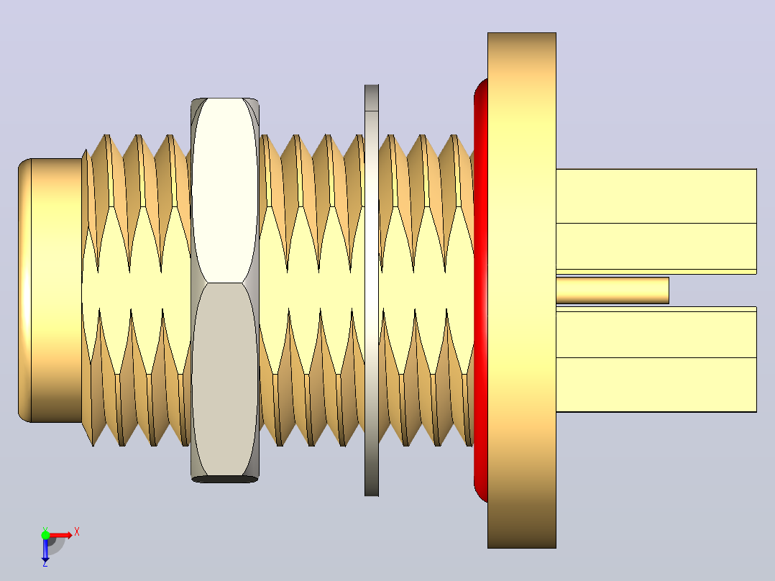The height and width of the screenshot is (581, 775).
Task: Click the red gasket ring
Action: tap(480, 290)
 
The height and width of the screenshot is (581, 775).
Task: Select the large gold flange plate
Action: tap(522, 290)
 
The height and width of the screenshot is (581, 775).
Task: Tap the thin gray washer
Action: tap(372, 290)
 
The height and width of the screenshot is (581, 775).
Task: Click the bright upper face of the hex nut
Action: tap(225, 191)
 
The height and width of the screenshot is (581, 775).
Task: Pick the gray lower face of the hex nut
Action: tap(225, 380)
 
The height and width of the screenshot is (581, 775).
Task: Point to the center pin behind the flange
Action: tap(613, 290)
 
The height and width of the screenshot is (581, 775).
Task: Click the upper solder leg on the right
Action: tap(656, 221)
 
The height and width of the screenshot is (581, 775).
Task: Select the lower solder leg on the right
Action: tap(656, 360)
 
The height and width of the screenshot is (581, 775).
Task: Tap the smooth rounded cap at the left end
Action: tap(50, 290)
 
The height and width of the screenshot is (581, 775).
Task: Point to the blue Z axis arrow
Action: tap(45, 549)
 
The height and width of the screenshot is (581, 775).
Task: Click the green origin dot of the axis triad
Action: tap(45, 535)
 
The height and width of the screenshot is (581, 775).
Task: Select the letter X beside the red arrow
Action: tap(77, 532)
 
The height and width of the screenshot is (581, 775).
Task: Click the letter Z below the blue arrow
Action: tap(45, 563)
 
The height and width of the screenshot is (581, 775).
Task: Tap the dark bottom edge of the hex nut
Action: tap(225, 479)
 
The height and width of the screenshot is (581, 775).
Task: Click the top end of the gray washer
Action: tap(372, 86)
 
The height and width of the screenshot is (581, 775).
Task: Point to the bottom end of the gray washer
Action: tap(372, 495)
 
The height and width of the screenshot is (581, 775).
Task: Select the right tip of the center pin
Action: tap(669, 290)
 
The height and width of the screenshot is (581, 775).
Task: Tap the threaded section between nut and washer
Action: tap(311, 290)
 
